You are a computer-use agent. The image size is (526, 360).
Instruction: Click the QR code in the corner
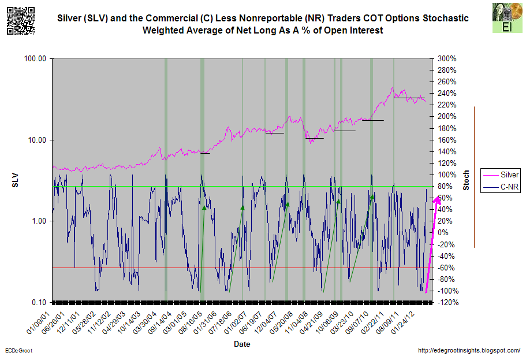click(x=20, y=19)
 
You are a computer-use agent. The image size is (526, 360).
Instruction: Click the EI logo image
click(x=506, y=19)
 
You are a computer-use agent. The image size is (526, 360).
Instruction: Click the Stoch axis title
click(x=466, y=180)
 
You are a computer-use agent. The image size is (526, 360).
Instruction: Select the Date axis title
click(x=242, y=344)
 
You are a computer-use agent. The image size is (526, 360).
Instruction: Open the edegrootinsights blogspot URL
click(x=468, y=351)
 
